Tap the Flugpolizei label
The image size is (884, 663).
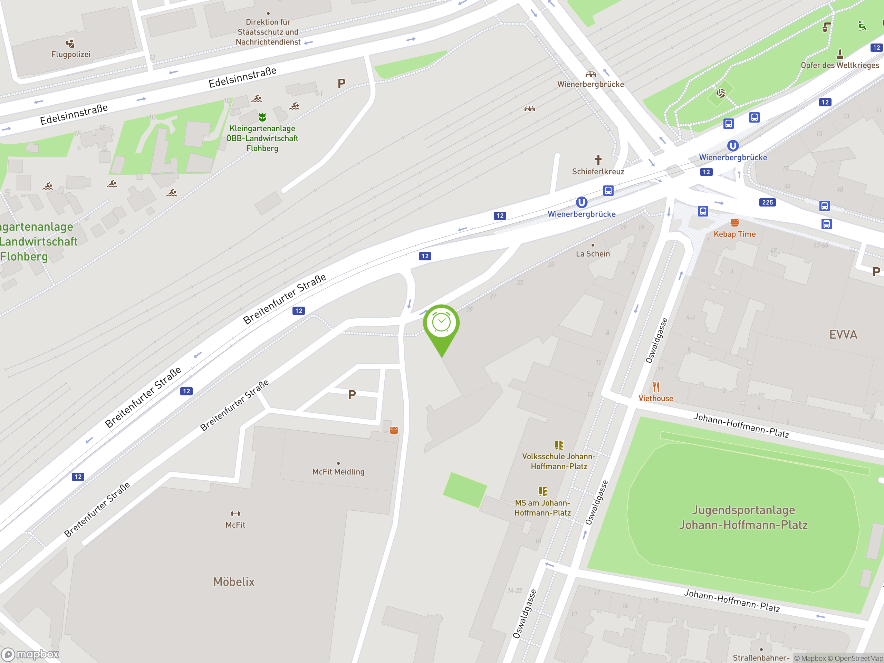click(71, 54)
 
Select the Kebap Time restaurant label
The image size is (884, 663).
click(734, 234)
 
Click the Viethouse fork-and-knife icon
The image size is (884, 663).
click(656, 387)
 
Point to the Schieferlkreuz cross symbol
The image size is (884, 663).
click(598, 160)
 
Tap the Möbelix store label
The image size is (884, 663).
click(234, 582)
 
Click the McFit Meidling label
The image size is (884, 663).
click(338, 472)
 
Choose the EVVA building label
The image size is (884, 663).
click(843, 335)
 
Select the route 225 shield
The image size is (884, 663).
click(767, 202)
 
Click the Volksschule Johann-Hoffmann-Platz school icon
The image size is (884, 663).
click(559, 445)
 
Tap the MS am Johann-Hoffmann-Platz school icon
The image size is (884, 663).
click(542, 491)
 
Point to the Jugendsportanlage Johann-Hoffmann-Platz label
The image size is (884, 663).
click(743, 517)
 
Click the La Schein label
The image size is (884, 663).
click(593, 254)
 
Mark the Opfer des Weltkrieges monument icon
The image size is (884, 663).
click(840, 54)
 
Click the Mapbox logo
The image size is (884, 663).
click(30, 654)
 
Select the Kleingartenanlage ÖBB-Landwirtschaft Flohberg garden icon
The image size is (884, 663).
click(262, 117)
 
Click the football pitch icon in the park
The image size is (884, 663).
click(721, 94)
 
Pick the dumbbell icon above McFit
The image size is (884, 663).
click(236, 514)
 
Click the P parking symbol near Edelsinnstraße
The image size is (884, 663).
click(341, 83)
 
